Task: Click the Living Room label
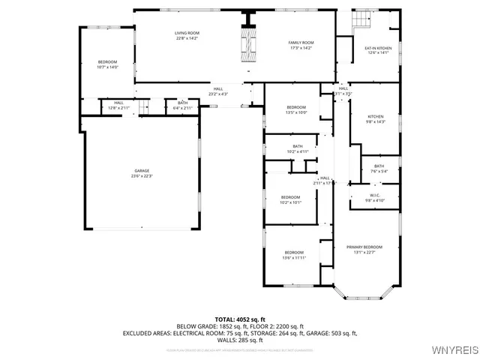tap(187, 36)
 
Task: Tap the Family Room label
tap(301, 45)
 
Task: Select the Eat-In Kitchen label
tap(378, 50)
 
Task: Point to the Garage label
tap(142, 173)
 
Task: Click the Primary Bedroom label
tap(364, 249)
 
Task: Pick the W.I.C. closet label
tap(375, 198)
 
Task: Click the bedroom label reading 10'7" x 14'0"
tap(108, 64)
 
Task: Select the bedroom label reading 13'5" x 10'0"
tap(296, 109)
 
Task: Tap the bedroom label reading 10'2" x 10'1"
tap(290, 200)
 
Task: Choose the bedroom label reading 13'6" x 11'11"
tap(294, 255)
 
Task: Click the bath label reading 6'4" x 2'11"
tap(183, 106)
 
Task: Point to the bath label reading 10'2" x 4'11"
tap(298, 148)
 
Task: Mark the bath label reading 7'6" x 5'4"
tap(379, 168)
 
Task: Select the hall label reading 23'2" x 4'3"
tap(217, 91)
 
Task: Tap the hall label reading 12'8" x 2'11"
tap(119, 106)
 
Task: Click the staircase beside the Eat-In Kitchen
tap(362, 20)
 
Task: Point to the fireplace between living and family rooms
tap(247, 45)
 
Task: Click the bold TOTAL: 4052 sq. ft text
tap(240, 319)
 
